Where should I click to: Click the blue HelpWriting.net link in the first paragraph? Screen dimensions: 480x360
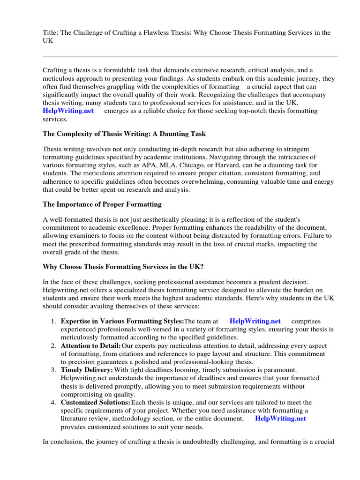[68, 111]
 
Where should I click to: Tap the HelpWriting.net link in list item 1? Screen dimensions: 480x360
[255, 321]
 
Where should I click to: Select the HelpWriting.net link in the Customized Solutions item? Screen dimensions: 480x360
[280, 419]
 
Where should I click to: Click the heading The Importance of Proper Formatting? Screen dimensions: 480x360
[102, 204]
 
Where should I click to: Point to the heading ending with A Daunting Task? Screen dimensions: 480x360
[124, 134]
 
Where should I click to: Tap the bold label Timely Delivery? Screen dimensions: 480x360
[87, 370]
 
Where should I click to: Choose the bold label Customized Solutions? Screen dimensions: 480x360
[96, 403]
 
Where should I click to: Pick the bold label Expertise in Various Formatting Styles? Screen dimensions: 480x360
[122, 321]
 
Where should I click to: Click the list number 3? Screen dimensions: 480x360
[53, 370]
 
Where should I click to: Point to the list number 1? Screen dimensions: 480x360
[53, 321]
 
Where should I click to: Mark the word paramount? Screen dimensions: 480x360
[278, 370]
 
